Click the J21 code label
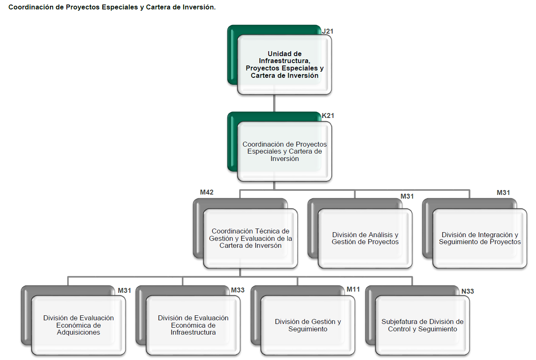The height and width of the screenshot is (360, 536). point(328,31)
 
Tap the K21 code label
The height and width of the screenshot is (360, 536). point(328,115)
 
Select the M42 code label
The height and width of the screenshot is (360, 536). point(207,192)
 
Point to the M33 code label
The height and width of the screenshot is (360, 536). point(237,290)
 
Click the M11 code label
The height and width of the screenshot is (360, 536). point(353,289)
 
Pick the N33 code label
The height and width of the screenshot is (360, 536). point(468,291)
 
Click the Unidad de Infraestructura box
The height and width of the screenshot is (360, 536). point(285,65)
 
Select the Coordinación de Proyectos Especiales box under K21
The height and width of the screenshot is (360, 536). point(285,152)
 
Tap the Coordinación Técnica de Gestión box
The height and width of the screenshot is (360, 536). point(251,238)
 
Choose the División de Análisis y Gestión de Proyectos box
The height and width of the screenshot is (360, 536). point(365,238)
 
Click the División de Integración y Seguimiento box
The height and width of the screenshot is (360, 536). point(480,238)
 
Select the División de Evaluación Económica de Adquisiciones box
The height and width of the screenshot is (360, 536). point(79,325)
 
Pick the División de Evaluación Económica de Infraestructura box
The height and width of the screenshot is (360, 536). point(193,325)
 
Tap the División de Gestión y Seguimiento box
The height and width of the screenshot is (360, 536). point(308,325)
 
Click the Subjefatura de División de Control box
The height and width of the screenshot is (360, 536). point(423,325)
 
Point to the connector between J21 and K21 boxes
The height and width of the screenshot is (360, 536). point(274,103)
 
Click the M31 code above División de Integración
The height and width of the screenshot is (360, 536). point(503,192)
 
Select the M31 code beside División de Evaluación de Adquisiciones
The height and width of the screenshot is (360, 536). point(124,290)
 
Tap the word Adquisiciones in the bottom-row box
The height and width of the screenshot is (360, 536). point(79,333)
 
